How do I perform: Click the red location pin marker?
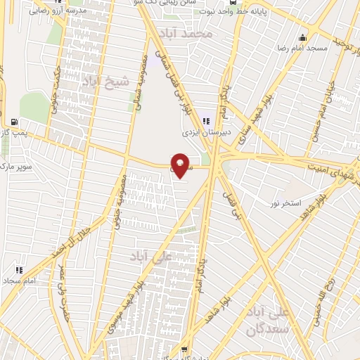[x=181, y=165]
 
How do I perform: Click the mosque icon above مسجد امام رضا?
[x=303, y=38]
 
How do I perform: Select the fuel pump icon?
[x=16, y=121]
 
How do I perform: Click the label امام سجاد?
[x=21, y=280]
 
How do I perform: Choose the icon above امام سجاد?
[x=19, y=269]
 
